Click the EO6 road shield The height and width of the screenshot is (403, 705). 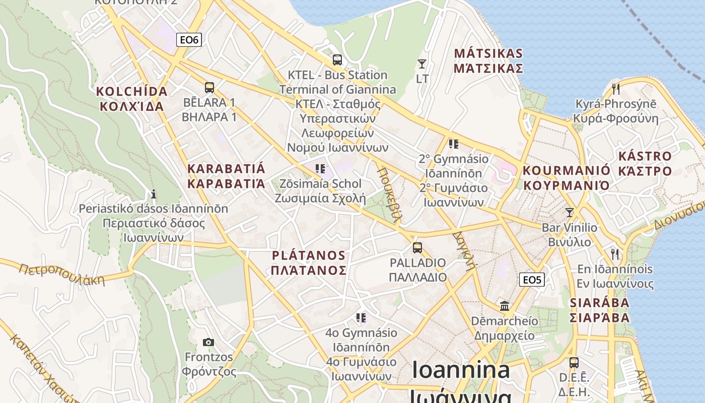189,40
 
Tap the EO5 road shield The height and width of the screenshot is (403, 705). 532,279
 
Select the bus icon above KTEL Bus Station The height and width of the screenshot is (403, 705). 337,60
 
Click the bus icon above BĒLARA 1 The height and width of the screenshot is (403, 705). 209,88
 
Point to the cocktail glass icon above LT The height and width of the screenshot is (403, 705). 422,64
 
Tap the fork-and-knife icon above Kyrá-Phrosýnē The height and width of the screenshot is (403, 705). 615,89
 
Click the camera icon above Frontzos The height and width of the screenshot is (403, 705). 208,343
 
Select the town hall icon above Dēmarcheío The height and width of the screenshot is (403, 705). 505,306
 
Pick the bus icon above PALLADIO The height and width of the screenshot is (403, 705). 417,248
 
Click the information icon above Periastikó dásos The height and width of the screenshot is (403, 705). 154,194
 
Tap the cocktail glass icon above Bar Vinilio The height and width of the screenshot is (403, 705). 570,213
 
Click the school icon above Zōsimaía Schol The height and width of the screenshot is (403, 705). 320,168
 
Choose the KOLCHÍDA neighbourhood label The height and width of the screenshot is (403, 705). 131,99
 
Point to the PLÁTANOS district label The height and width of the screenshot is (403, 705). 308,262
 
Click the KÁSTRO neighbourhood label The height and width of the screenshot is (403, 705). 645,163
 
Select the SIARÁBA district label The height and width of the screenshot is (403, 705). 600,310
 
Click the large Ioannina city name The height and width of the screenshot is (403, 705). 461,371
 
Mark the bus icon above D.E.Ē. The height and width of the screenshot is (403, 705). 574,363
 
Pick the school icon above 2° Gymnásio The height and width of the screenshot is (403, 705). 454,144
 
